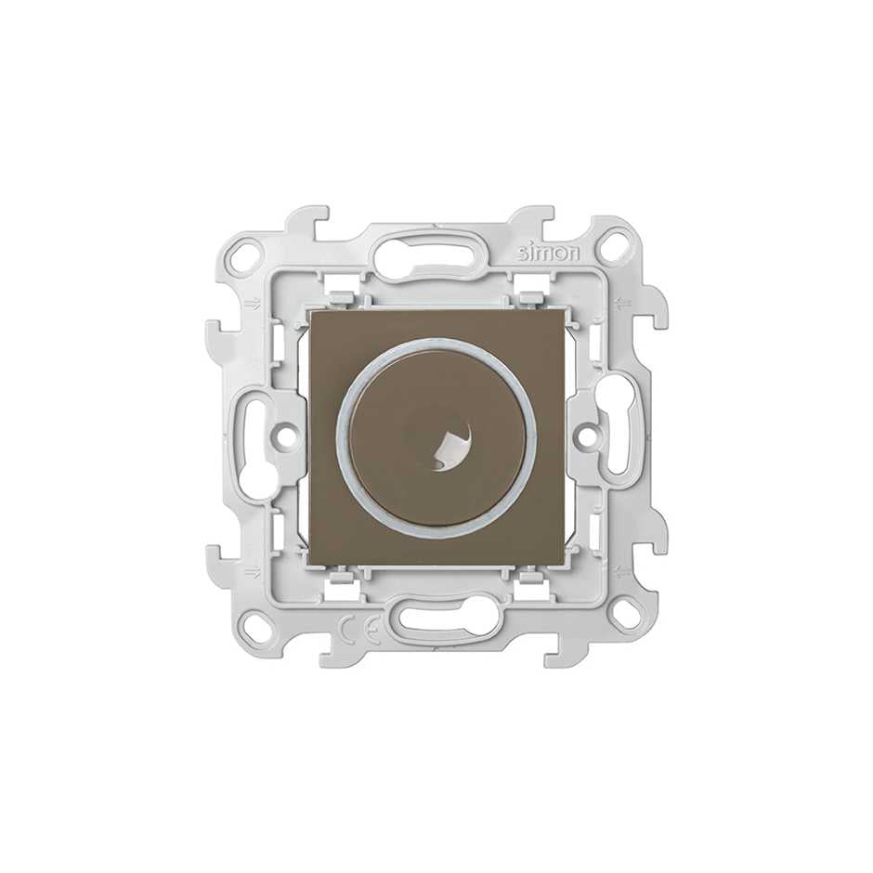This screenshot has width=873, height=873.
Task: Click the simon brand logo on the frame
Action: click(x=550, y=254)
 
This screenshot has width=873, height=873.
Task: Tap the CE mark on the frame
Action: click(x=360, y=629)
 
